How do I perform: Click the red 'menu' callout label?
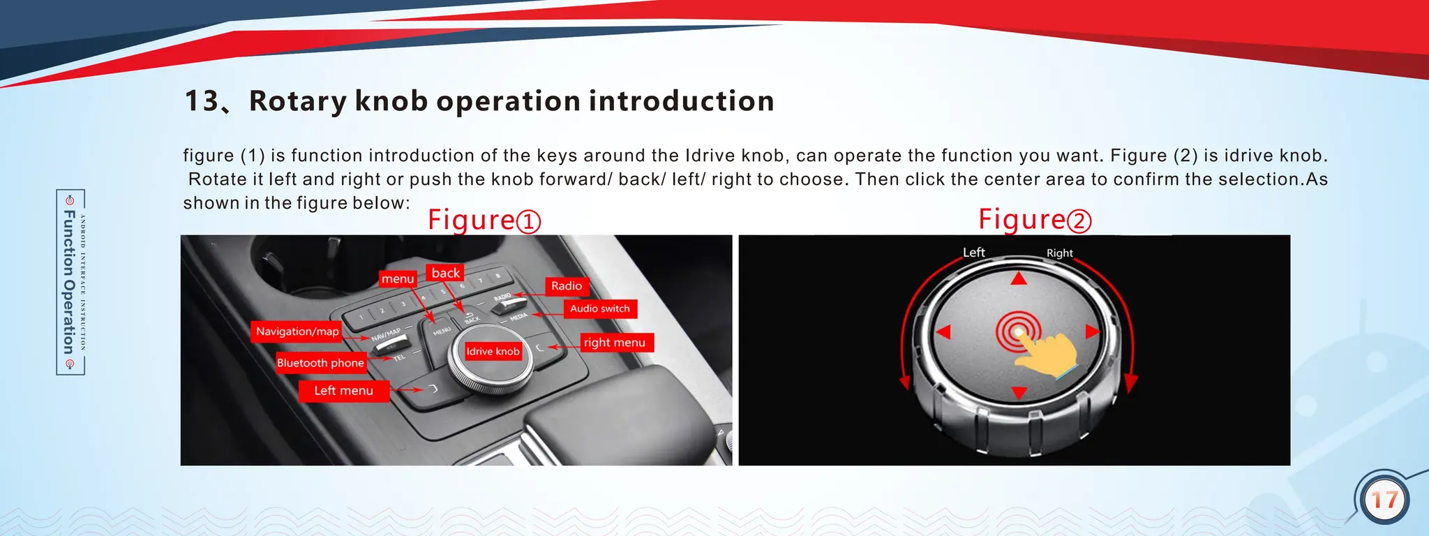398,279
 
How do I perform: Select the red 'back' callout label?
445,273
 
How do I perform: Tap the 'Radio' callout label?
566,286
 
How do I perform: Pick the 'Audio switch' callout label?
599,308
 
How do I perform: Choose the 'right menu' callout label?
615,343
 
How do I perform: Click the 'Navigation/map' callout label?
297,332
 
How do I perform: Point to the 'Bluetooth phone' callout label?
320,363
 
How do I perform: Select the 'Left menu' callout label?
343,391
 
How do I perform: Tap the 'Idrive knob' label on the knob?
493,352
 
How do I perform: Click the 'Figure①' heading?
484,221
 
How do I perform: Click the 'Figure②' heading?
1034,220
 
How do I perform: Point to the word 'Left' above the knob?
973,253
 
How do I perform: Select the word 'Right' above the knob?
1059,253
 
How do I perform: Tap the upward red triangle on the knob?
1019,279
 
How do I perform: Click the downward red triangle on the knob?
1019,393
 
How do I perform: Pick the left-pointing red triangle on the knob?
943,332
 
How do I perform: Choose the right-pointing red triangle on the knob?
1092,332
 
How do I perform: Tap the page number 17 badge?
1384,500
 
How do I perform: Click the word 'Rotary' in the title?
297,101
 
